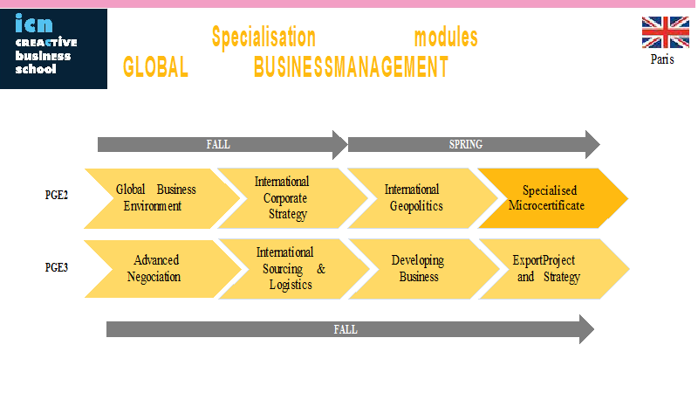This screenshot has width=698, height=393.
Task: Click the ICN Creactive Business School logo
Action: pos(53,49)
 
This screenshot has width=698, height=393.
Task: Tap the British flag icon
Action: pos(665,32)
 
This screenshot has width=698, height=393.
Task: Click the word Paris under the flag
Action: pos(662,59)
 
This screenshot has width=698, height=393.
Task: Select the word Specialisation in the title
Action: pos(263,37)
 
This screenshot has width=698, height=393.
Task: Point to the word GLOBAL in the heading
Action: pos(156,67)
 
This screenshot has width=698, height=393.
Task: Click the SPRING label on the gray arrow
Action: pos(466,144)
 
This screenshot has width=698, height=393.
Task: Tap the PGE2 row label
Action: pos(57,195)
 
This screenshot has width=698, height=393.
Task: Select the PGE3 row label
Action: pos(57,267)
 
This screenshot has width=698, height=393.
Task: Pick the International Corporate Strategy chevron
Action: pos(292,198)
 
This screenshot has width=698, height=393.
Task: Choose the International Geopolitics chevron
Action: pos(422,198)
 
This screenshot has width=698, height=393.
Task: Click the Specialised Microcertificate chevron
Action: pos(553,198)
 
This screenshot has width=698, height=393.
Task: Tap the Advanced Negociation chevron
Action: pos(163,269)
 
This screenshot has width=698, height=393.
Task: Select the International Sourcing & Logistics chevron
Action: pos(294,269)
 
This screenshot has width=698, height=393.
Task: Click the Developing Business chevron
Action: pos(424,269)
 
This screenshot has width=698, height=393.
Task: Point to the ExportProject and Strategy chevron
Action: pos(554,269)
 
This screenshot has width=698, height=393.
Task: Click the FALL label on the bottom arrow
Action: pos(346,330)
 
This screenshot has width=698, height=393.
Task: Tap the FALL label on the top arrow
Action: pos(218,144)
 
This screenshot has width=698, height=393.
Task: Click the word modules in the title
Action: pos(446,38)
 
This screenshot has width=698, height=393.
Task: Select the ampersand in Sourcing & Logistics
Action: pos(321,269)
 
